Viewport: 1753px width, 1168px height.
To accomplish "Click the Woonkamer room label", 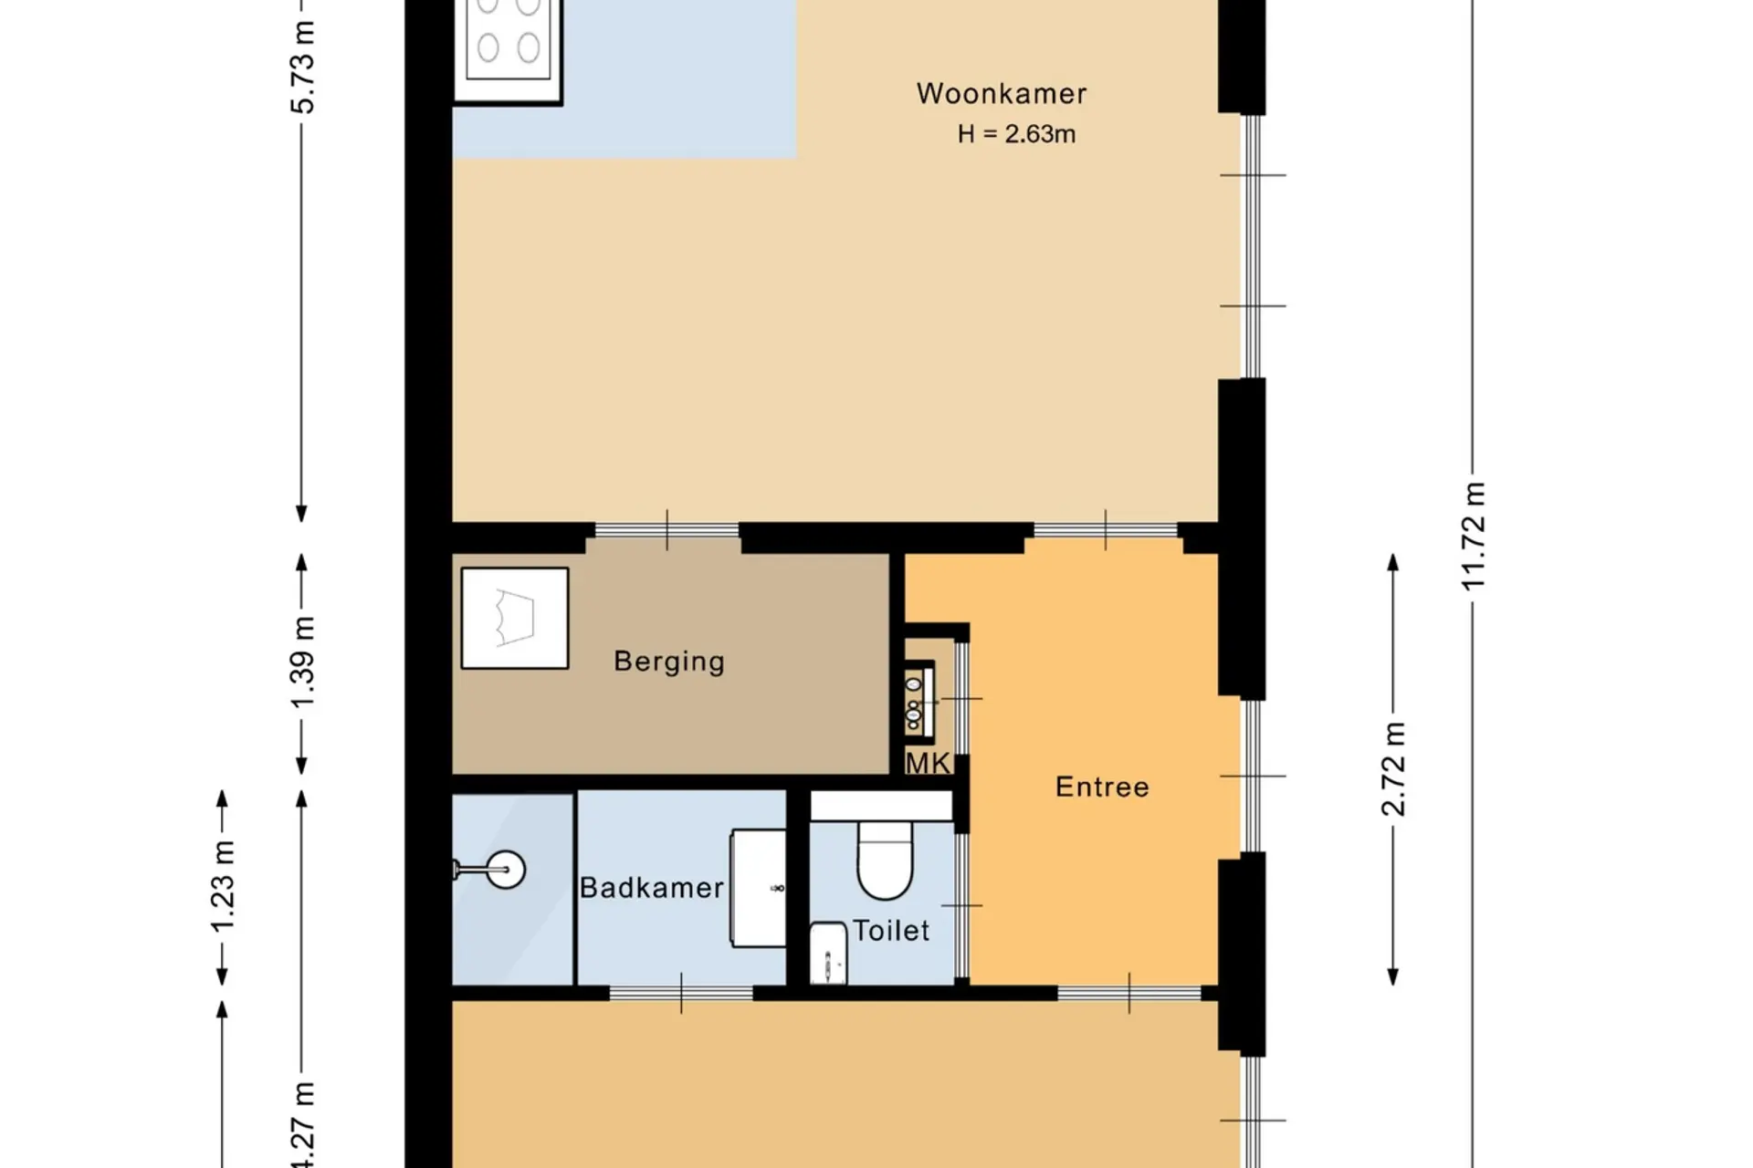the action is click(1002, 93).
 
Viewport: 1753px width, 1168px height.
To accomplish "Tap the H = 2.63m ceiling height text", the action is click(1016, 134).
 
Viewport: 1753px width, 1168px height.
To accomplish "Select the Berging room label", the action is click(669, 662).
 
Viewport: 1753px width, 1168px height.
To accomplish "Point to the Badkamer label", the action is click(652, 887).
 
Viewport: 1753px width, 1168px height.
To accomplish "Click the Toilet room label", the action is click(891, 931).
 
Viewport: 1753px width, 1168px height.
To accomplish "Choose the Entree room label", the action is click(1102, 787).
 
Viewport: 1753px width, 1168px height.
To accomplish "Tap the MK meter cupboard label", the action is click(928, 763).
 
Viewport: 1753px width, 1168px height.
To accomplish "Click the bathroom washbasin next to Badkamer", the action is click(758, 888).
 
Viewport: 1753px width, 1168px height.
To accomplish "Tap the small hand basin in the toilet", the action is click(828, 954).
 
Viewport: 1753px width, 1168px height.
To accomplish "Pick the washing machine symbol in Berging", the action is click(515, 618).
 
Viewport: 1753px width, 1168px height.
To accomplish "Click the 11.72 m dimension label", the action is click(1473, 537).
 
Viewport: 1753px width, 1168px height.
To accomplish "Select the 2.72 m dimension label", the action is click(1393, 768).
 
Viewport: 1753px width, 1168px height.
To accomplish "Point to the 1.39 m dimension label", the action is click(302, 662).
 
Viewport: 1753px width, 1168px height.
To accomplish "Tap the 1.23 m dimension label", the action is click(222, 887).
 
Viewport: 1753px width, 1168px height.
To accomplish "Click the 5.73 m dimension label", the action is click(302, 67).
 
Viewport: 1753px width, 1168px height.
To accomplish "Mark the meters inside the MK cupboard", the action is click(915, 701).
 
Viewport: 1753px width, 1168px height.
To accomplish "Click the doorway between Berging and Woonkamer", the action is click(667, 530).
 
